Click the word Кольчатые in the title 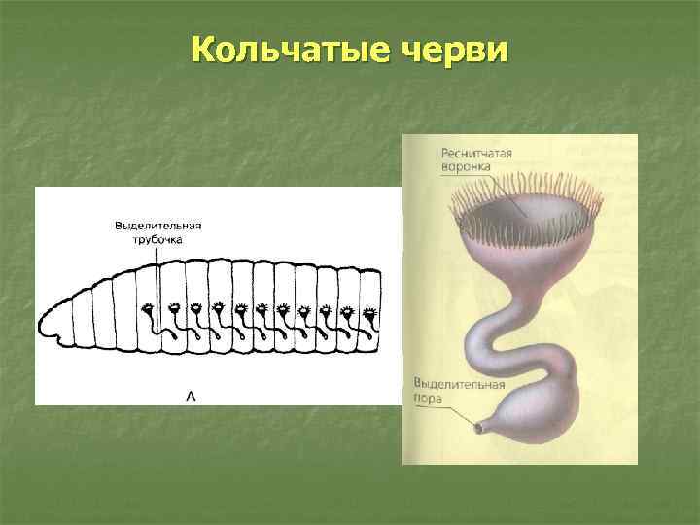pos(285,49)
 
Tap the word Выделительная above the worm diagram pos(157,226)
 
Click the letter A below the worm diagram pos(191,395)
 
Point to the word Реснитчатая pos(476,154)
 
